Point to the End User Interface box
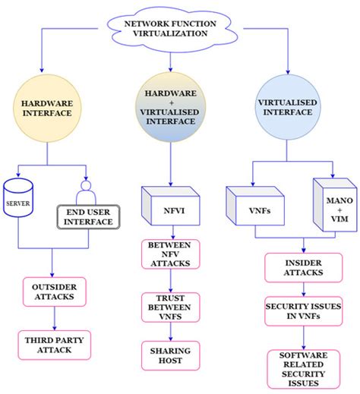tap(90, 221)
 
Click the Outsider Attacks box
tap(53, 292)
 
